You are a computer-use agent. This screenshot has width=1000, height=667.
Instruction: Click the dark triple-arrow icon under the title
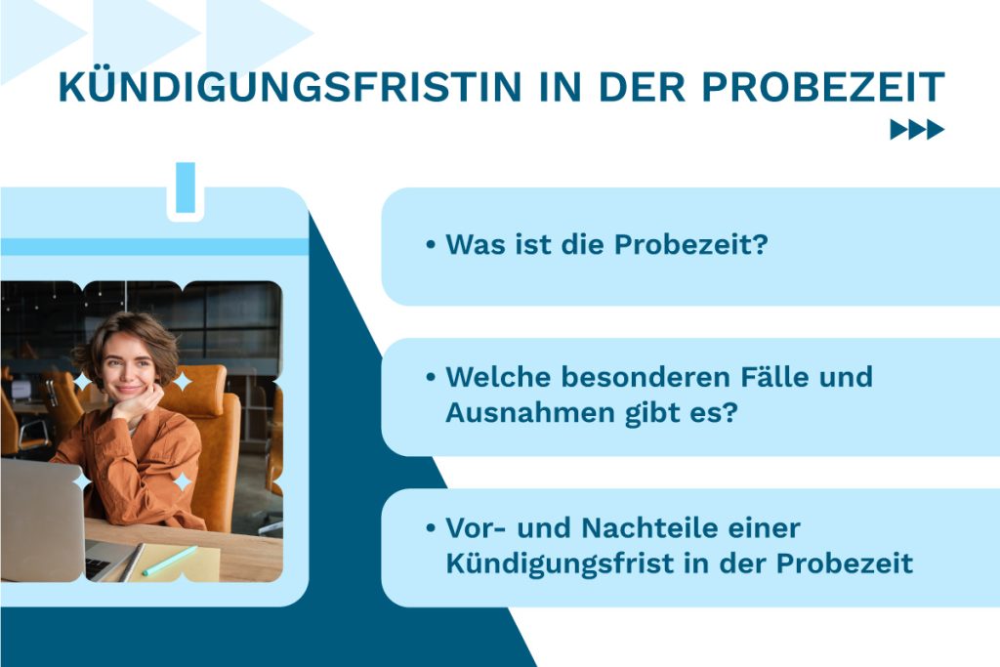[917, 130]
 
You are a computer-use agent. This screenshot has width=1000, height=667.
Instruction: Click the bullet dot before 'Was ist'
[431, 245]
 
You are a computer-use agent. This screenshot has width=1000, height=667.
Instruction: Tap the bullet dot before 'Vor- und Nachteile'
[431, 528]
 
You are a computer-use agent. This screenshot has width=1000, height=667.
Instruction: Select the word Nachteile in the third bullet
[672, 528]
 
